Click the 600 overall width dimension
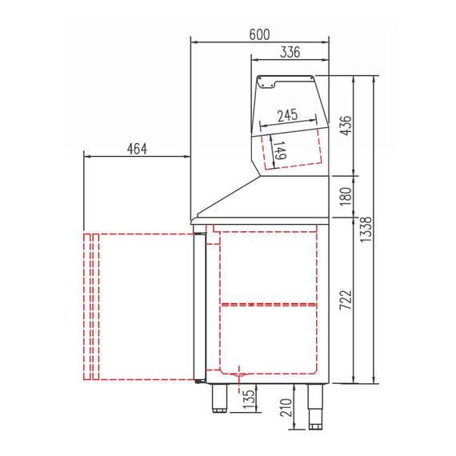coord(259,34)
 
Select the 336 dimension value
coord(290,53)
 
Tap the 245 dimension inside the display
coord(288,115)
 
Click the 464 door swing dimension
coord(137,148)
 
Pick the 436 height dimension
coord(346,126)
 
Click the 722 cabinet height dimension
coord(346,301)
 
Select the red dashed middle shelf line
coord(269,304)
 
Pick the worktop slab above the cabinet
coord(264,218)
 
